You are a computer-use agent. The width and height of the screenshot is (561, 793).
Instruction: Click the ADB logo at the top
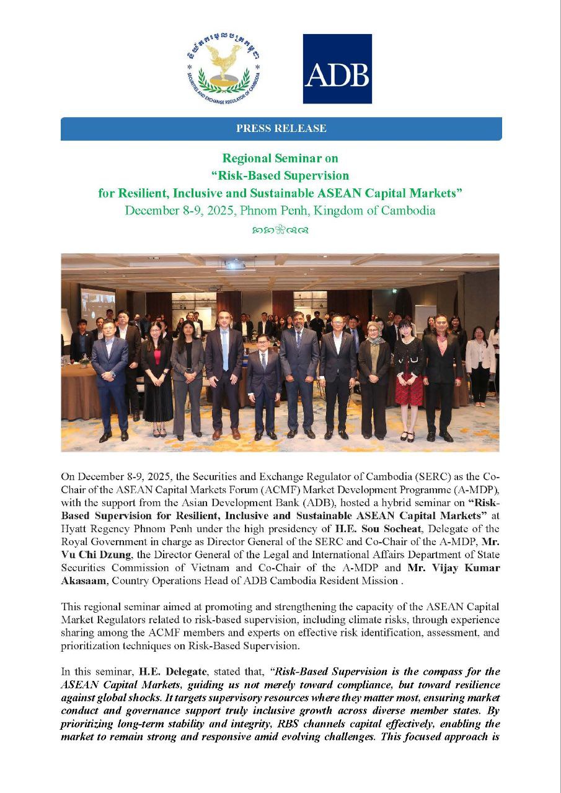click(x=337, y=69)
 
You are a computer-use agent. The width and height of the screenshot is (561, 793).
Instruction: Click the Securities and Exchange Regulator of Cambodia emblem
click(x=224, y=68)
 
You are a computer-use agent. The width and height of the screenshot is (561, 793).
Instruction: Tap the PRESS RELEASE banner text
click(x=281, y=129)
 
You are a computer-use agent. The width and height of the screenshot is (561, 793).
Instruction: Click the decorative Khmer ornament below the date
click(x=281, y=230)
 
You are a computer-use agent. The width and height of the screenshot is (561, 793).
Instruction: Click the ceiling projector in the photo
click(x=235, y=265)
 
